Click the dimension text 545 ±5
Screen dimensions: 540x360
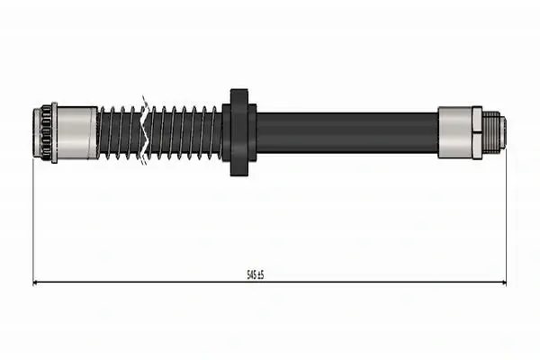point(256,274)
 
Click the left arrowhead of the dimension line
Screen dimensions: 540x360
point(35,283)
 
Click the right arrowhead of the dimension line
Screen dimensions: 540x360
point(504,283)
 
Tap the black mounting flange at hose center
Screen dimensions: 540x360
point(239,132)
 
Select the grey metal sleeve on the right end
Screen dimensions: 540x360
point(454,132)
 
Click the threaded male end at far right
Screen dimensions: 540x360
point(493,132)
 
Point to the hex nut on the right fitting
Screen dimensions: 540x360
point(477,132)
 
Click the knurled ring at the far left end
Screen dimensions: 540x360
point(42,132)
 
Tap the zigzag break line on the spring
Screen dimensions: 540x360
point(145,130)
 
